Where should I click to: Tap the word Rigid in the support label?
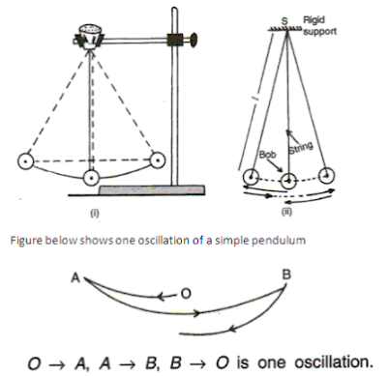point(315,18)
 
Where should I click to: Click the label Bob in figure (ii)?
point(270,155)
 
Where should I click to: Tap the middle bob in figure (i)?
point(92,178)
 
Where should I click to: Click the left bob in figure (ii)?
point(250,177)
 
